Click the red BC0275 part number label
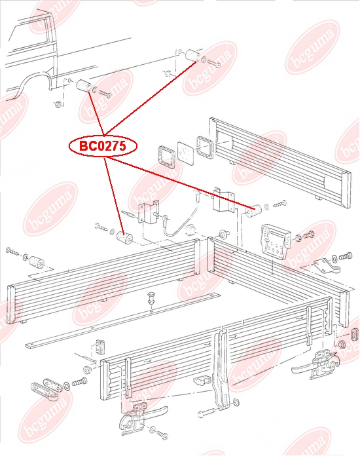click(x=103, y=146)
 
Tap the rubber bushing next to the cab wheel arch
click(x=84, y=85)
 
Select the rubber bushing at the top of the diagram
click(x=193, y=55)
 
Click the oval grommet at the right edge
click(x=355, y=333)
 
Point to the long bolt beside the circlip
click(x=207, y=412)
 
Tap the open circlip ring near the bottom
click(x=236, y=403)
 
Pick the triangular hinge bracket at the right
click(x=327, y=266)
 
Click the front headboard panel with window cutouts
click(x=280, y=162)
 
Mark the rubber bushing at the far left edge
click(x=36, y=261)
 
